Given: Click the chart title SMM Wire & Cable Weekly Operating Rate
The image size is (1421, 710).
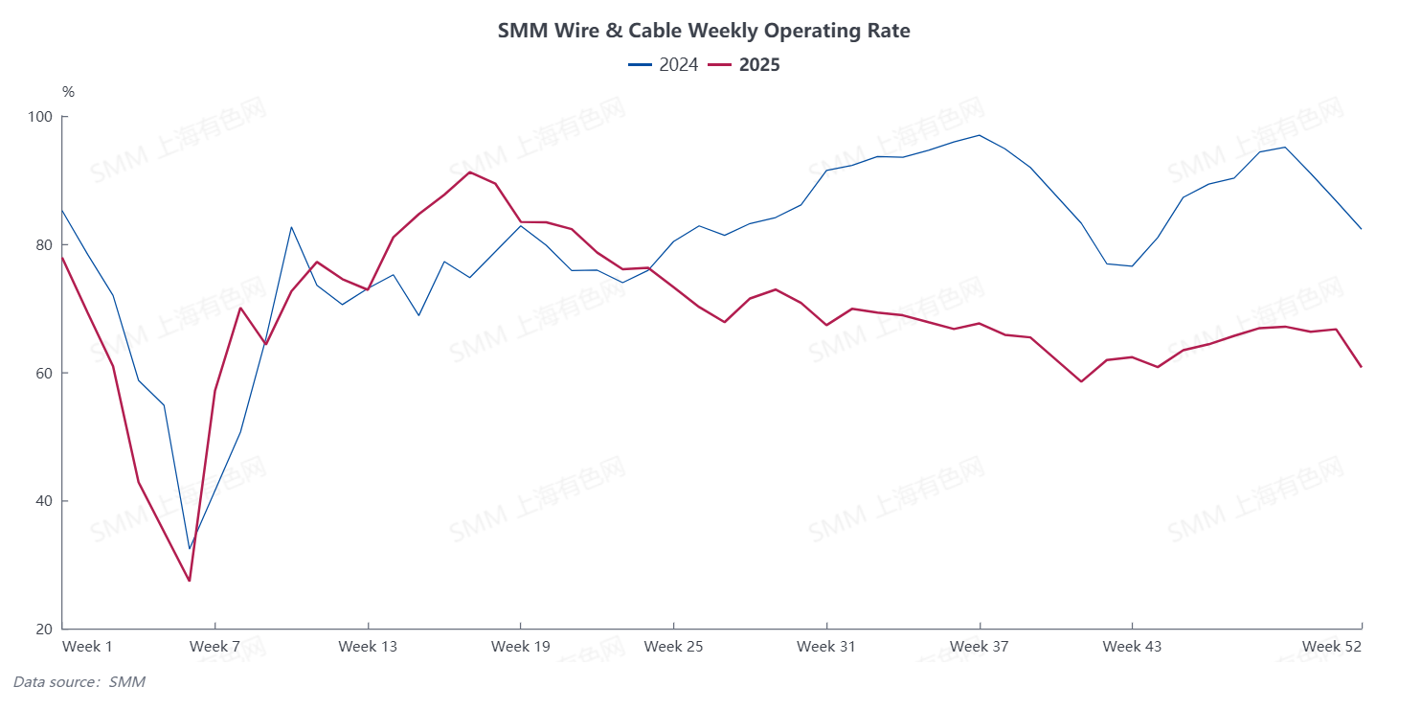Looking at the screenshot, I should click(x=704, y=31).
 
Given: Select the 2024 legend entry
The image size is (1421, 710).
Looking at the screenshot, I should click(x=664, y=65).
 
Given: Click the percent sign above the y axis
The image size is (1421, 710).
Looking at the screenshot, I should click(x=68, y=92).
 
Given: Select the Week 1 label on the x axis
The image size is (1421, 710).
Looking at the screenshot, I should click(x=87, y=647).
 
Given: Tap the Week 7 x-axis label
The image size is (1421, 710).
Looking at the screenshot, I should click(x=214, y=647).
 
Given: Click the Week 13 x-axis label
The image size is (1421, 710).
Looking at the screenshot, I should click(x=368, y=647).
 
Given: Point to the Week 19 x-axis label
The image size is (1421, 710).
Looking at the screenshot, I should click(x=521, y=647).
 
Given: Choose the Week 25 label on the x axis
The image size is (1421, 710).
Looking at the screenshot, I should click(x=673, y=647).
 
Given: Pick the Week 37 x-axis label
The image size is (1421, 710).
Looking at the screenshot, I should click(x=980, y=647).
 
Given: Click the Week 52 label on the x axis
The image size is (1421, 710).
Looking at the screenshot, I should click(x=1331, y=647).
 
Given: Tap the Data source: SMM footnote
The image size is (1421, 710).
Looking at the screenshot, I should click(x=79, y=682).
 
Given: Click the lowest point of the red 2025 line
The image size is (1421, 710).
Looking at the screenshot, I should click(x=190, y=581).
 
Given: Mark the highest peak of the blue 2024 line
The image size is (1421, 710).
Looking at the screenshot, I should click(x=979, y=135).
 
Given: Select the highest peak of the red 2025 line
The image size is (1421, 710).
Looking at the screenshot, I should click(x=469, y=172).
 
